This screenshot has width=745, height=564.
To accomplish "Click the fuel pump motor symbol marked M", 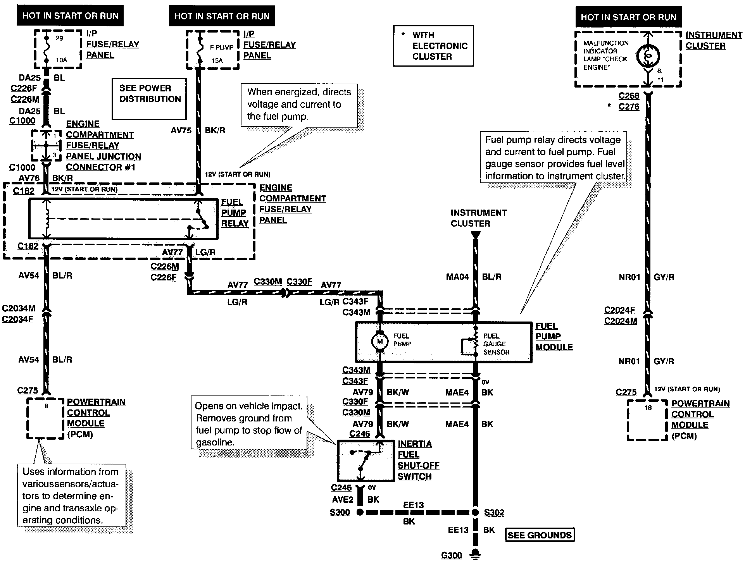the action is [380, 341].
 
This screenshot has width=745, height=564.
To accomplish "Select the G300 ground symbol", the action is [475, 554].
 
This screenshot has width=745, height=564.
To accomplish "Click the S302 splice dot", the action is [475, 512].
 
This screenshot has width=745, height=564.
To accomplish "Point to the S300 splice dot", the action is [360, 512].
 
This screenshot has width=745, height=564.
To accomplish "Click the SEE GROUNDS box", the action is [540, 535].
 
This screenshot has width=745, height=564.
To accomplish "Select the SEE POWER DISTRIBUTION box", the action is [149, 99].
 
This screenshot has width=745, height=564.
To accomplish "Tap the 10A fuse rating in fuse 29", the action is [61, 60].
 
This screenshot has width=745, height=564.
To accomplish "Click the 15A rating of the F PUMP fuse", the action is [217, 60].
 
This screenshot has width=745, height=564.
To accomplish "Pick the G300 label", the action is [451, 555].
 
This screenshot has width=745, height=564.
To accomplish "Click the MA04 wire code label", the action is [457, 277].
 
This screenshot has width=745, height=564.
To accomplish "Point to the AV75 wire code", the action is [181, 131].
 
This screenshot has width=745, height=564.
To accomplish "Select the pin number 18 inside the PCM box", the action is [648, 408].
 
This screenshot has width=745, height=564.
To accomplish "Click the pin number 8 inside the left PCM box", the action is [46, 406].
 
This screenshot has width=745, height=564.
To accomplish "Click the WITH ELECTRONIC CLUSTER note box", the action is [433, 46].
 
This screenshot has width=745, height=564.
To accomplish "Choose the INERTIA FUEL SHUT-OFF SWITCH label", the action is [419, 460].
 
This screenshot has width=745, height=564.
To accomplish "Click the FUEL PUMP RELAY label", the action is [235, 213].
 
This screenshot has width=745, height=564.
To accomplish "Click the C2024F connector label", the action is [619, 310].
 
